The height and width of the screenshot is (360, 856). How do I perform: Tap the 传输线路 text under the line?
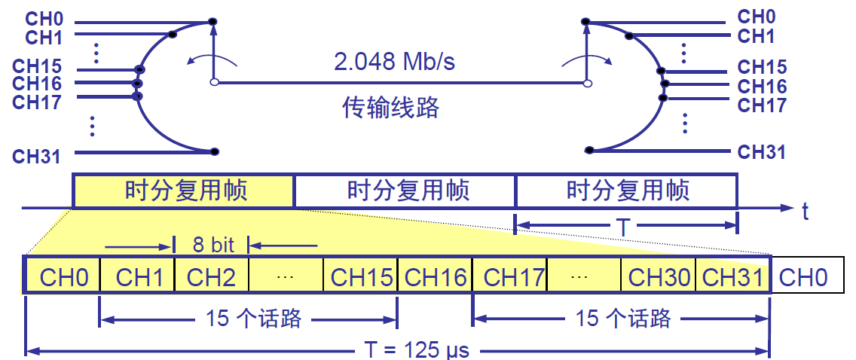pyautogui.click(x=390, y=108)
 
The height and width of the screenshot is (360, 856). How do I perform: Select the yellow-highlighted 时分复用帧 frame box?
pyautogui.click(x=183, y=191)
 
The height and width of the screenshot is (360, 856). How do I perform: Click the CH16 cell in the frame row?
pyautogui.click(x=435, y=276)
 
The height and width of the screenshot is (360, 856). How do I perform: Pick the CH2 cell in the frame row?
pyautogui.click(x=211, y=276)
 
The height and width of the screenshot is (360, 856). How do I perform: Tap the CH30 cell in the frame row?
pyautogui.click(x=659, y=276)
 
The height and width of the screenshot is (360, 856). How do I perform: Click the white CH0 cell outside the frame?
pyautogui.click(x=803, y=276)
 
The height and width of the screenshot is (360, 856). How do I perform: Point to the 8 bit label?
pyautogui.click(x=212, y=244)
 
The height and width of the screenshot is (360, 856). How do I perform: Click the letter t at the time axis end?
pyautogui.click(x=806, y=212)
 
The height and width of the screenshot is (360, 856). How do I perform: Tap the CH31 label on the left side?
pyautogui.click(x=36, y=156)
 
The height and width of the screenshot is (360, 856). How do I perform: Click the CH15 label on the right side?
pyautogui.click(x=761, y=67)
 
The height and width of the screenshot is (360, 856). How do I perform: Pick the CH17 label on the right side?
pyautogui.click(x=761, y=105)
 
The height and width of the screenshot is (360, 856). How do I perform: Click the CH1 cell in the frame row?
pyautogui.click(x=139, y=276)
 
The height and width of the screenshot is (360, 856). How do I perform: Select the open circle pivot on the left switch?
pyautogui.click(x=214, y=82)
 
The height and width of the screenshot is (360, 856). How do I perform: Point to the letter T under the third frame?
pyautogui.click(x=624, y=224)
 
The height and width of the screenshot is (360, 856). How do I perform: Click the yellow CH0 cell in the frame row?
pyautogui.click(x=64, y=276)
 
